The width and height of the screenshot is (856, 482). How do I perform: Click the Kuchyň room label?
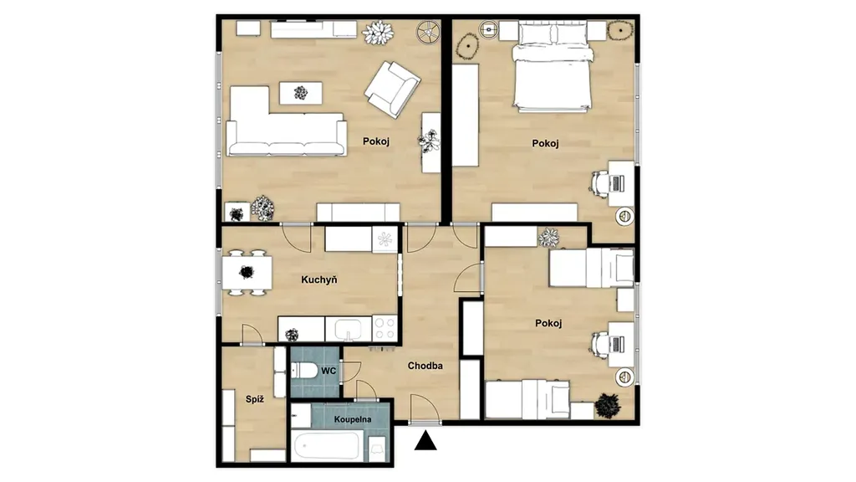pos(318,279)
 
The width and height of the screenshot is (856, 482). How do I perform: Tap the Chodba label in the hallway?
pos(425,367)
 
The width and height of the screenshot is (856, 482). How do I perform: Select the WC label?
pos(328,371)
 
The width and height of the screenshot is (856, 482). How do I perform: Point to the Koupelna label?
pos(353,420)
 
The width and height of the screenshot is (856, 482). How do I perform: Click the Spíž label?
pos(254,399)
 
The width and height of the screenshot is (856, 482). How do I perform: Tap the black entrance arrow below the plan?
pos(425,440)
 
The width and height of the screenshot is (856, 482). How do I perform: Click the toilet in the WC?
pos(303,371)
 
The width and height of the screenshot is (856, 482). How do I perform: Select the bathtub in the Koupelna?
pos(326,446)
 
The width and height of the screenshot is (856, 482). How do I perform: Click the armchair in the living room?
pos(392,89)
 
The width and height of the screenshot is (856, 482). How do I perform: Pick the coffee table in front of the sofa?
pos(301,93)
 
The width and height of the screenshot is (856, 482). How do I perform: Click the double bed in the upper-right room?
pos(552,66)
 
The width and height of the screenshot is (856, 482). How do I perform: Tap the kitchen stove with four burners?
pos(385,328)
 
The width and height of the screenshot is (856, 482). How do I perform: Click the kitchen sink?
pos(349,329)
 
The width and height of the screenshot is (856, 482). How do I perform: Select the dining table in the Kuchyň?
pos(247,272)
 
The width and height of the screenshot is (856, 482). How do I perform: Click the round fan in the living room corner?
pos(429,33)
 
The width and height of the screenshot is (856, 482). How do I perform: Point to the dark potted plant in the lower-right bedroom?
pos(608,406)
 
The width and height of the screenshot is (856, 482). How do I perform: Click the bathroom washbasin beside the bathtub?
pos(377,449)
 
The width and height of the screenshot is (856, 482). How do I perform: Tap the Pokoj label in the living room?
pos(376,141)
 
